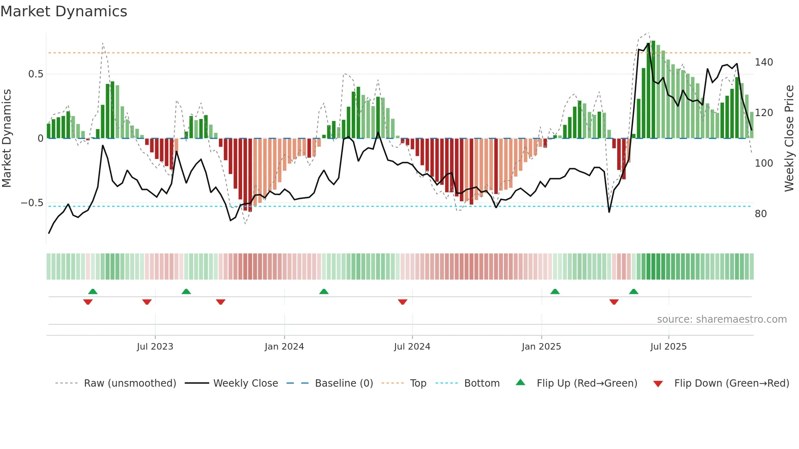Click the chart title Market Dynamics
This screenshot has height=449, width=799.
click(x=64, y=11)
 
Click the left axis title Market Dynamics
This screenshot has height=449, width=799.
click(x=7, y=139)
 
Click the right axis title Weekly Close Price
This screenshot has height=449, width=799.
click(x=789, y=139)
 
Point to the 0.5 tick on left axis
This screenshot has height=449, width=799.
click(x=35, y=74)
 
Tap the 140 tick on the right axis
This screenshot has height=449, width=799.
click(x=764, y=62)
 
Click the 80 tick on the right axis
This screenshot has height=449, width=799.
click(x=761, y=214)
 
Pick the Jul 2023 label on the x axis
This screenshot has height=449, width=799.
click(x=155, y=347)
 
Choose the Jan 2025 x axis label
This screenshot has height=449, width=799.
click(x=541, y=347)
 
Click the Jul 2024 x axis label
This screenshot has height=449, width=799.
click(x=412, y=347)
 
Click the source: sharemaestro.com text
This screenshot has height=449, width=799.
click(x=722, y=319)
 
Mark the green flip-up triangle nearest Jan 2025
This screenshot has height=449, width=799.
click(x=555, y=292)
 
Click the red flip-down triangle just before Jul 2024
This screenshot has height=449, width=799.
click(x=402, y=302)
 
